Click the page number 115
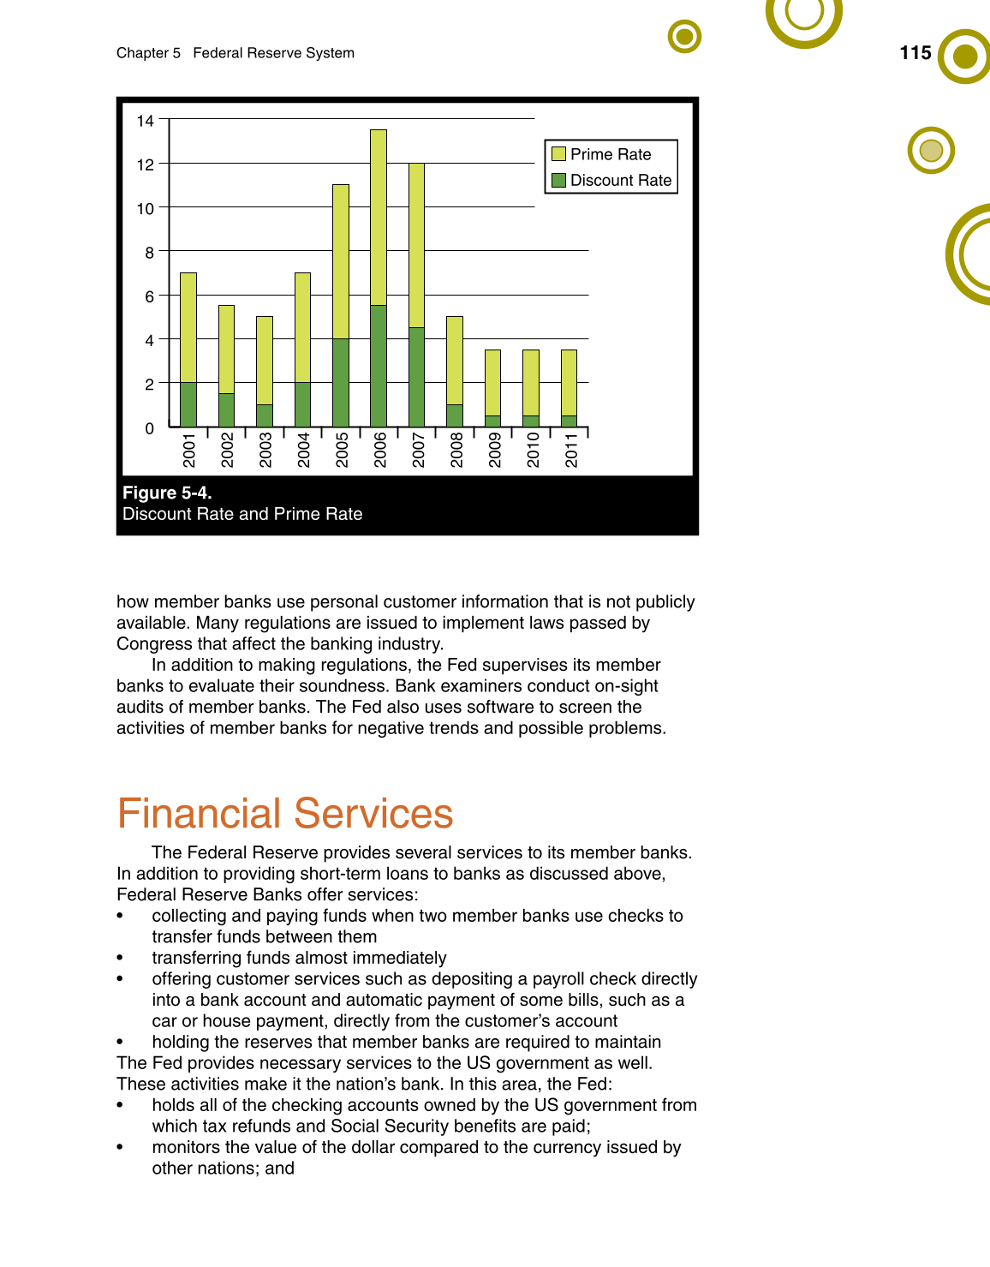[915, 53]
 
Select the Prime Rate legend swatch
[559, 154]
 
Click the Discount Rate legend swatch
[559, 180]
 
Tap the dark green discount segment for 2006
[379, 366]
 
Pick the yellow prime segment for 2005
[341, 261]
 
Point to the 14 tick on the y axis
[146, 121]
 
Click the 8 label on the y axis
[150, 253]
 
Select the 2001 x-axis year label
[189, 450]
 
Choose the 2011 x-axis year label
[571, 450]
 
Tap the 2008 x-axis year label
[456, 450]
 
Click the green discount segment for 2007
[417, 377]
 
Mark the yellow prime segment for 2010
[531, 383]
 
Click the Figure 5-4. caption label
[167, 493]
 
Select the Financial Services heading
[285, 814]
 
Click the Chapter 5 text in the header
[148, 53]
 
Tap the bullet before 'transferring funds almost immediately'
[120, 959]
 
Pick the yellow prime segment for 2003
[265, 361]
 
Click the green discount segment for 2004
[303, 404]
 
